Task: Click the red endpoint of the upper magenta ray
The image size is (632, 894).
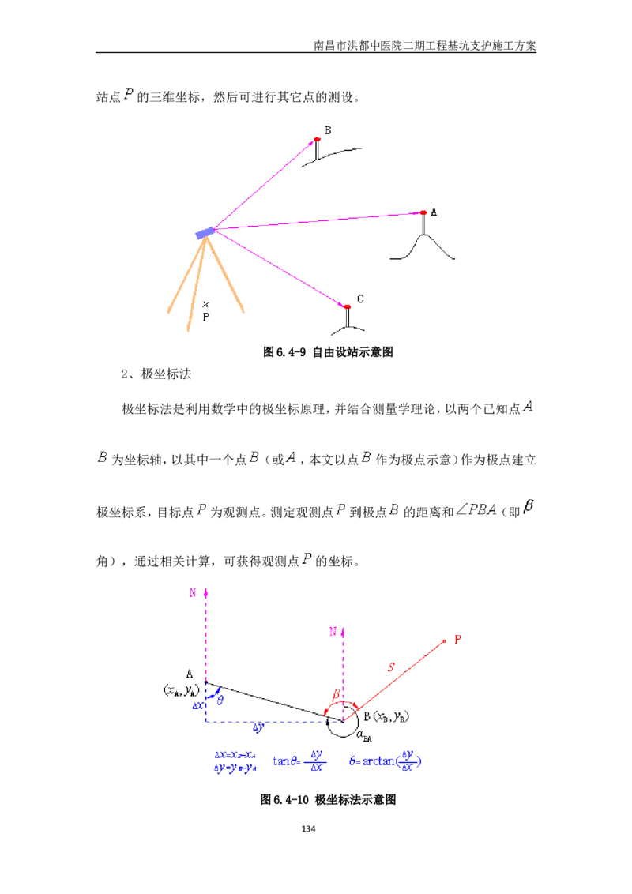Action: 318,139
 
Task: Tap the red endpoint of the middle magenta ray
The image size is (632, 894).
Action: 424,212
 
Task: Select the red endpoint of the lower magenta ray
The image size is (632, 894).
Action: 347,306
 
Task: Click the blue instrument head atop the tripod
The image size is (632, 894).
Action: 202,233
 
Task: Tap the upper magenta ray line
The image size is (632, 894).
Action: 265,184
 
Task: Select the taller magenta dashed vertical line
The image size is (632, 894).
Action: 205,640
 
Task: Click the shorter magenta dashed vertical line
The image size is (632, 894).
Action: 344,671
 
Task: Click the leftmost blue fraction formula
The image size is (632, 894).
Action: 235,763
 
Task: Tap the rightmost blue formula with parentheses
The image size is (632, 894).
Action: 386,761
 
